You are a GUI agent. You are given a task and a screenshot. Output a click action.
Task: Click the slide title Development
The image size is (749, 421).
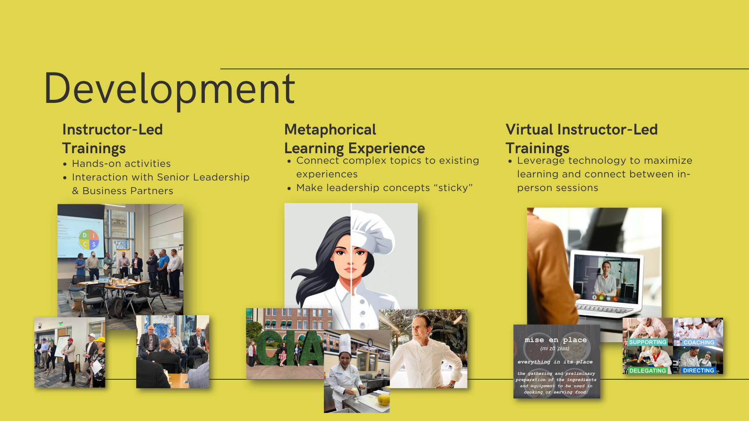170,89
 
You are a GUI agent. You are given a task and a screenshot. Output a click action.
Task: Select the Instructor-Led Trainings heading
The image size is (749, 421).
112,139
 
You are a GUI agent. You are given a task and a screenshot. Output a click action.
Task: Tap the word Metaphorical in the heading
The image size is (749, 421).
330,129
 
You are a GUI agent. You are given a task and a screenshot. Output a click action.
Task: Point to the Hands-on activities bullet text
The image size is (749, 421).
121,164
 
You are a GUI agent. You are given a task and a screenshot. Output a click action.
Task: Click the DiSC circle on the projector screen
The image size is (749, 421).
89,239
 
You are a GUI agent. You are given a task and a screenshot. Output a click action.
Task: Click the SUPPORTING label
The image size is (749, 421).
648,342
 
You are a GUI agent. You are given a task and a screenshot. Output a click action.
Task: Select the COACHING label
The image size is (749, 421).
699,342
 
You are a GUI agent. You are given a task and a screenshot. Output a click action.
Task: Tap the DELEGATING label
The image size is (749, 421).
648,370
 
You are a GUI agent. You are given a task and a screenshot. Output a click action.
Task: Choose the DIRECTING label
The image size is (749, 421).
698,370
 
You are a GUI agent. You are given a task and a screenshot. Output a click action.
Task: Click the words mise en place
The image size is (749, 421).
556,340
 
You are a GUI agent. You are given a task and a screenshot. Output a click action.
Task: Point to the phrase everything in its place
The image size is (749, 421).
555,362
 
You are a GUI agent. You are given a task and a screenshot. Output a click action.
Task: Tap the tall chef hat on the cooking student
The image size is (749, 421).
345,343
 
